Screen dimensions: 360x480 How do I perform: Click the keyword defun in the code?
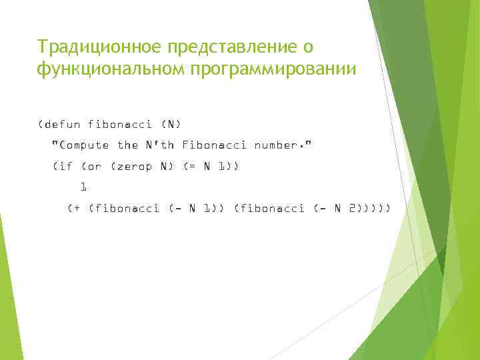[x=63, y=124]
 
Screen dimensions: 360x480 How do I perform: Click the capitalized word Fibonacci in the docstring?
[x=214, y=145]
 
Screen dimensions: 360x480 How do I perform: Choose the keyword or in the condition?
[x=95, y=166]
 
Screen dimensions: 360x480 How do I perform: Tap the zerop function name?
[x=133, y=166]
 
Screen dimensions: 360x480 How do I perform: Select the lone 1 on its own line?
[x=83, y=187]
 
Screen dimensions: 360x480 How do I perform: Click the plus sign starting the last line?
[x=75, y=209]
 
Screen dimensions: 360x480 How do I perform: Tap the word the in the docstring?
[x=127, y=145]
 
